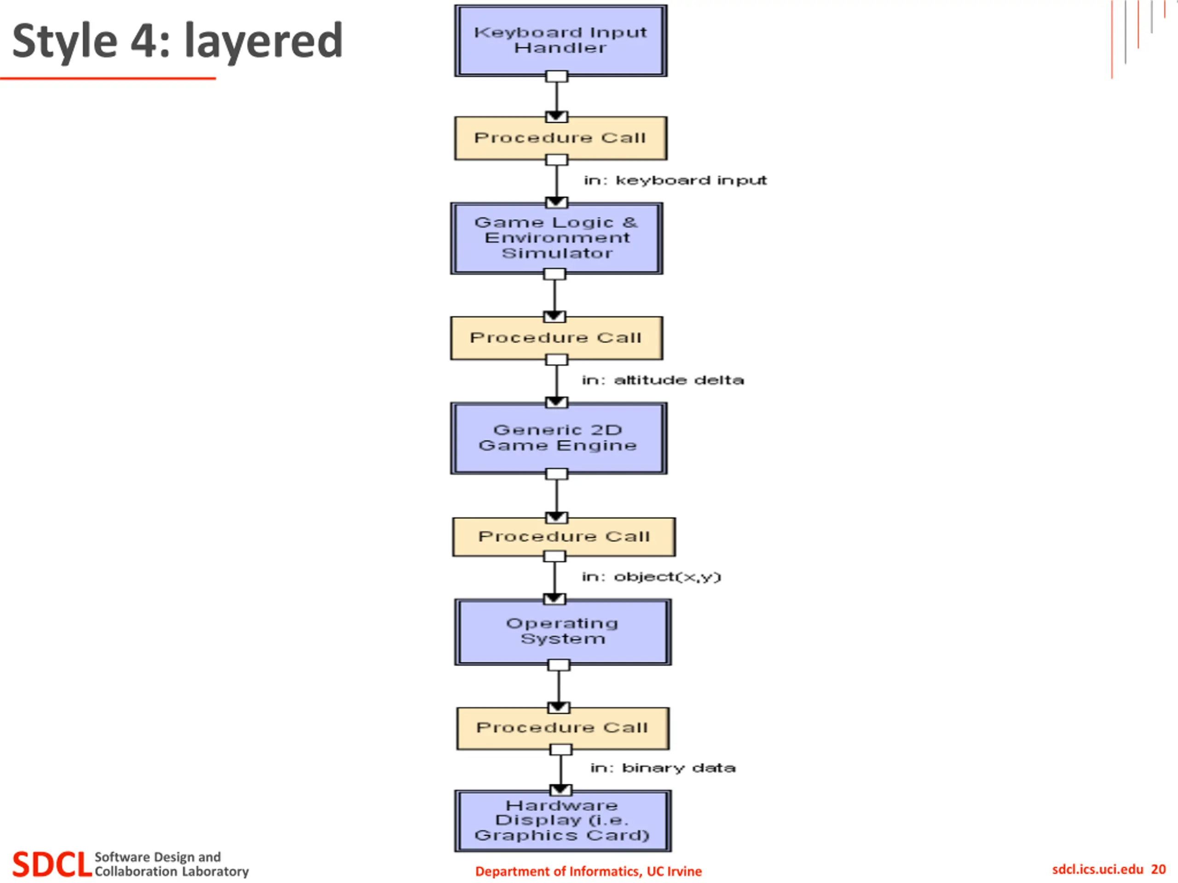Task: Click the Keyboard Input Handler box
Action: (561, 40)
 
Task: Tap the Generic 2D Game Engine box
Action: (559, 438)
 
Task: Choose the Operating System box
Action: (563, 632)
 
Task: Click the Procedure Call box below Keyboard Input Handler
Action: (561, 138)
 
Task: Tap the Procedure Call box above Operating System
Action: (564, 537)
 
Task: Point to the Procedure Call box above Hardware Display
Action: (563, 728)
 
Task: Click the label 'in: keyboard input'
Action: (675, 180)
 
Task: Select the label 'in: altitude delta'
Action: (663, 380)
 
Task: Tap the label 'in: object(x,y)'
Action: (651, 577)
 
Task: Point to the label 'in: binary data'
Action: (663, 768)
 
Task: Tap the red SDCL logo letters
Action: (52, 864)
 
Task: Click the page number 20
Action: (1158, 869)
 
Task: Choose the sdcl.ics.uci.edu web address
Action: (1097, 869)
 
